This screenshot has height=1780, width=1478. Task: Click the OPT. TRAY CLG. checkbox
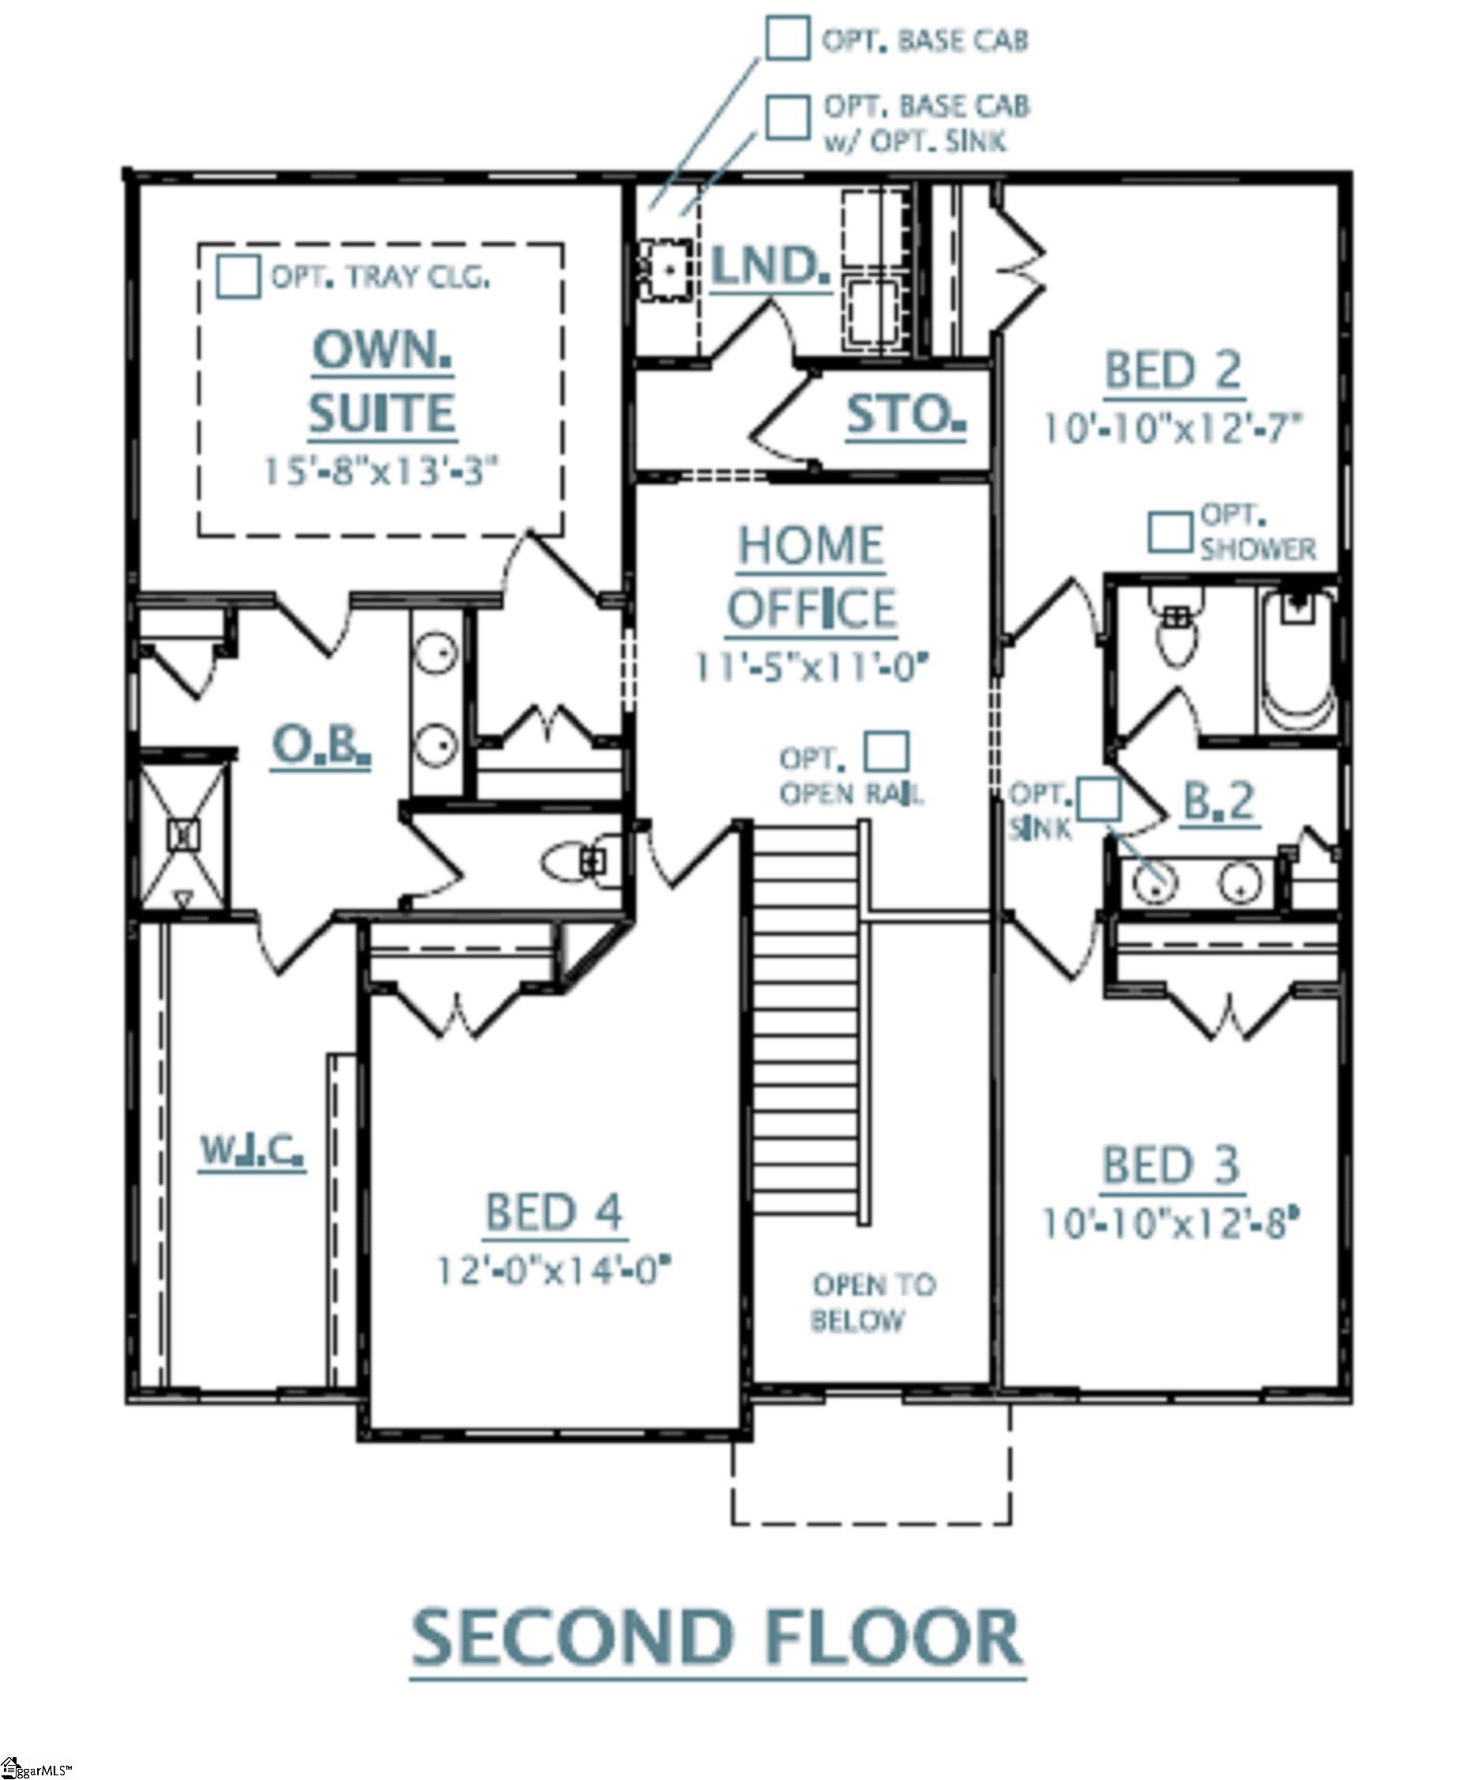pos(238,276)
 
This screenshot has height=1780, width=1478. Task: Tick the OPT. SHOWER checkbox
pos(1170,532)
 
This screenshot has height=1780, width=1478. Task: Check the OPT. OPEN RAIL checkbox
pos(887,752)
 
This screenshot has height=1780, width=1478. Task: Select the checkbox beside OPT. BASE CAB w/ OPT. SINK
pos(787,117)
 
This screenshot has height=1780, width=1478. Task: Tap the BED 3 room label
pos(1170,1165)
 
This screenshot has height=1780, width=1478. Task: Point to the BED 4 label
pos(553,1213)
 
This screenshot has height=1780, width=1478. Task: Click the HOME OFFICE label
pos(812,577)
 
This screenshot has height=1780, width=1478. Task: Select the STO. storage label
pos(906,415)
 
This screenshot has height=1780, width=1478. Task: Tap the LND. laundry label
pos(770,266)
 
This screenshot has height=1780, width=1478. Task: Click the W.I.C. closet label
pos(252,1151)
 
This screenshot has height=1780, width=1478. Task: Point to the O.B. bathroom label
pos(321,746)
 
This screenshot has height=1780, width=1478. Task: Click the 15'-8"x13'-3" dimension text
pos(380,471)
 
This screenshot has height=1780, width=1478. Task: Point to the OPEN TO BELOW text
pos(873,1302)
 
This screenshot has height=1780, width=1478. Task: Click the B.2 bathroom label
pos(1218,801)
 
